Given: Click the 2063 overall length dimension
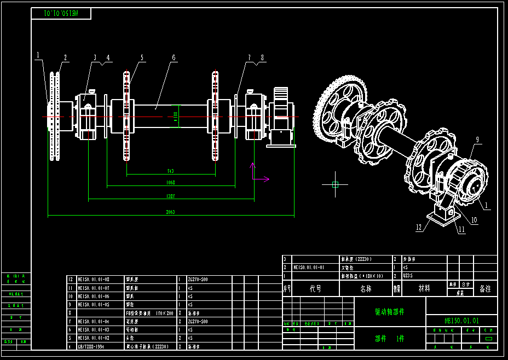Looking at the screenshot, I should pyautogui.click(x=171, y=212).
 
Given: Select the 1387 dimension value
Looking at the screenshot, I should pyautogui.click(x=171, y=196).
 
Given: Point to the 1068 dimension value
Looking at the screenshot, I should pyautogui.click(x=171, y=183).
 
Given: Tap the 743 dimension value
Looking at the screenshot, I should pyautogui.click(x=170, y=171).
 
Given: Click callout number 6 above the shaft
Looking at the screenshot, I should pyautogui.click(x=173, y=57).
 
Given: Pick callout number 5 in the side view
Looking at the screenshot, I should pyautogui.click(x=142, y=57).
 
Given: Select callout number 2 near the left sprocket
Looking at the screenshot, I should pyautogui.click(x=65, y=57).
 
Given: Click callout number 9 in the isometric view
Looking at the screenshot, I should pyautogui.click(x=477, y=140).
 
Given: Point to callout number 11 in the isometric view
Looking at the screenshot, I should pyautogui.click(x=461, y=230).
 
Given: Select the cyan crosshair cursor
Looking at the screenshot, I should pyautogui.click(x=335, y=184).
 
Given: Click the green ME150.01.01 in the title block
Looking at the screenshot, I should pyautogui.click(x=461, y=321).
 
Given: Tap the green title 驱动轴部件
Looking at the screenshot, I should pyautogui.click(x=389, y=311).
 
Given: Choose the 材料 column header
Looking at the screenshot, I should pyautogui.click(x=424, y=288).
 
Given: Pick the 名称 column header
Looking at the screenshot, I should pyautogui.click(x=365, y=288).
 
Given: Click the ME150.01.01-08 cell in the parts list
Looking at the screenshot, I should pyautogui.click(x=94, y=279).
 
